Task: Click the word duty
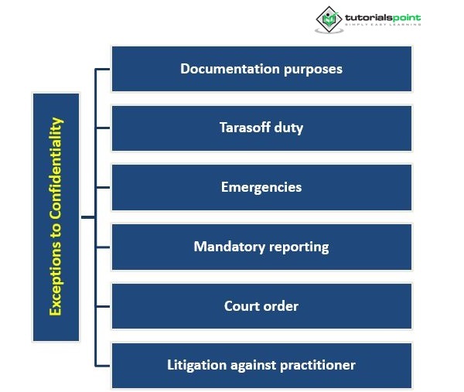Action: tap(288, 128)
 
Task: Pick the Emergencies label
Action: tap(261, 187)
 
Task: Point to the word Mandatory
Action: tap(228, 247)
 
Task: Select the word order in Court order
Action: tap(281, 305)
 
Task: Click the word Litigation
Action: tap(196, 364)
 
